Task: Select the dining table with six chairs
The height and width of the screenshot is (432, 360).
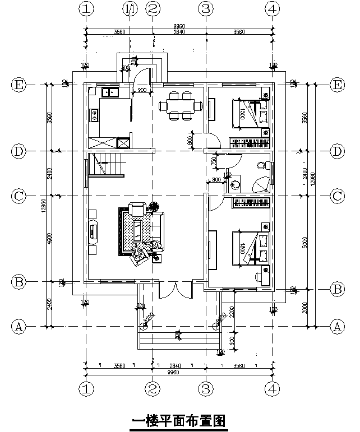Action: [178, 105]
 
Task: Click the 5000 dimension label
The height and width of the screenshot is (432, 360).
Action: [304, 240]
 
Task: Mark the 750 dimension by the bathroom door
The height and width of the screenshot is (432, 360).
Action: [214, 161]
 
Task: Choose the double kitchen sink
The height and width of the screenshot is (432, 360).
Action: [109, 91]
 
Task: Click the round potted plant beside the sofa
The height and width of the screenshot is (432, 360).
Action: [154, 207]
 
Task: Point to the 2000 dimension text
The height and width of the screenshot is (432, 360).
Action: [304, 308]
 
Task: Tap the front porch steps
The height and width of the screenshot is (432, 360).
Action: [178, 337]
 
